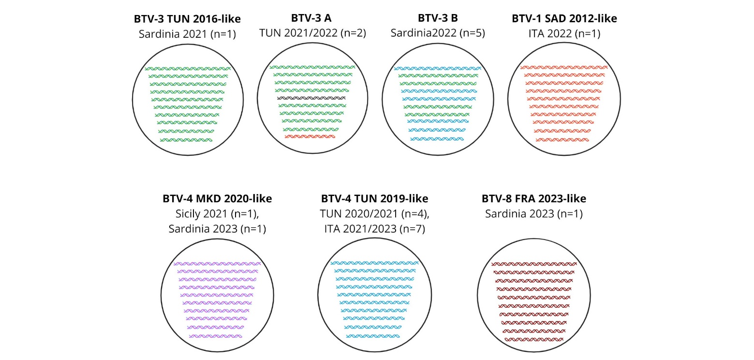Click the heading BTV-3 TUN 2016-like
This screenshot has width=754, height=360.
tap(187, 19)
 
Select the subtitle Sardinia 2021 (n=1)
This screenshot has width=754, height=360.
tap(187, 34)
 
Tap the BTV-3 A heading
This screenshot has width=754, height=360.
tap(311, 18)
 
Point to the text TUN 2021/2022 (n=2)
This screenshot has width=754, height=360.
tap(312, 33)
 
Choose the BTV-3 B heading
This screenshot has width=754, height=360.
tap(438, 18)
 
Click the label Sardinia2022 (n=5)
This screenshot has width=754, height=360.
tap(438, 33)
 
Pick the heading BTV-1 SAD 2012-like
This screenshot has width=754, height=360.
tap(564, 18)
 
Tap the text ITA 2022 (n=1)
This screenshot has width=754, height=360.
tap(564, 34)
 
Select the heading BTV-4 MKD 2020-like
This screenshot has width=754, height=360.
tap(217, 199)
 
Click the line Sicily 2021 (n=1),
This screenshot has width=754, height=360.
tap(217, 214)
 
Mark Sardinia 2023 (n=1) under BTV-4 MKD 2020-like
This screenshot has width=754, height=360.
tap(217, 229)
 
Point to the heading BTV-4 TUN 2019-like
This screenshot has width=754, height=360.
tap(374, 199)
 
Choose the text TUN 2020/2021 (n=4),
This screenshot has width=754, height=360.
tap(374, 214)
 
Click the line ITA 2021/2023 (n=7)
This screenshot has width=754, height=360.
tap(374, 229)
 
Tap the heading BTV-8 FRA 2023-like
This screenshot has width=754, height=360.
tap(533, 199)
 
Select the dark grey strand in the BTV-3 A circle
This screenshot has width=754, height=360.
tap(311, 98)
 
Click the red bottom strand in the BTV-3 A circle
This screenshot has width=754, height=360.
tap(310, 136)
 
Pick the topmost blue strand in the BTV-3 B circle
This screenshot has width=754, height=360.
tap(438, 68)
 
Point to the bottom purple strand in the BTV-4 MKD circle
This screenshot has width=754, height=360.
tap(215, 336)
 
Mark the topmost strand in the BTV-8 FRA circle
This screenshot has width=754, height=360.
tap(534, 264)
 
